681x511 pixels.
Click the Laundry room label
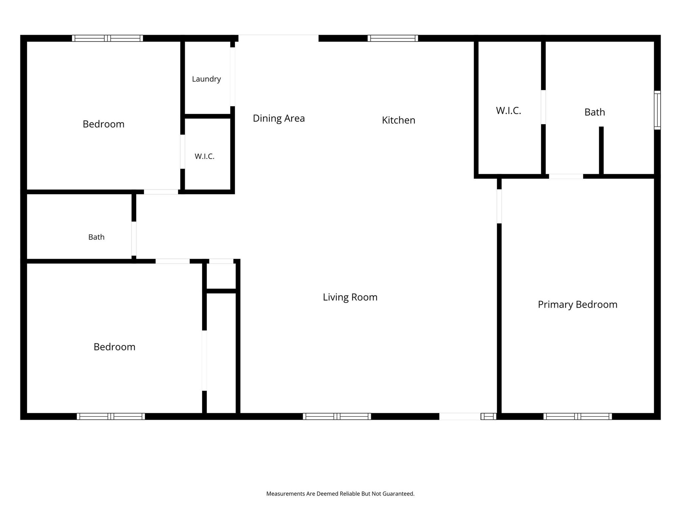[x=206, y=79]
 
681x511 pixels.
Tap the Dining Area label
[x=279, y=118]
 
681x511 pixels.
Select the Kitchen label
[x=398, y=120]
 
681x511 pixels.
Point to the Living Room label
[x=350, y=297]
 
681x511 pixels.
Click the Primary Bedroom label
[x=578, y=304]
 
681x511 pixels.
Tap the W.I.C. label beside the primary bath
[x=508, y=111]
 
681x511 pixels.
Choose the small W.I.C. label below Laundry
[x=204, y=156]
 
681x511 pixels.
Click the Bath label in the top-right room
[x=595, y=112]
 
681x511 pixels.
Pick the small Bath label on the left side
[x=96, y=237]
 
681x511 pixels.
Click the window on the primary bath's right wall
[x=657, y=110]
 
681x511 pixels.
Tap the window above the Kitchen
[x=393, y=38]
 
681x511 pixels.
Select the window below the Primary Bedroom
[x=578, y=416]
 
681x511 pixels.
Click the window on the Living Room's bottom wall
[x=337, y=416]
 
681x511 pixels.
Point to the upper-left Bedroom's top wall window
[x=107, y=38]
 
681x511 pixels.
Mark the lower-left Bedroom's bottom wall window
[x=111, y=416]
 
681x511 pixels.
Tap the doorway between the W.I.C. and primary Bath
[x=543, y=107]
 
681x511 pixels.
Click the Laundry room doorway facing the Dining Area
[x=232, y=77]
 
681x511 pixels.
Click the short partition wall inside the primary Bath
[x=601, y=150]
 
